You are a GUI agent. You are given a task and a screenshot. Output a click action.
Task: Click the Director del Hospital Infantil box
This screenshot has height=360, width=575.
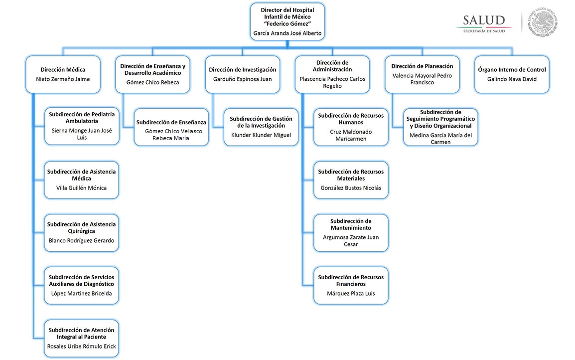coord(287,22)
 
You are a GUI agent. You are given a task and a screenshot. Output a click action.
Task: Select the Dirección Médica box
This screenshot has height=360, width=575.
coord(63,74)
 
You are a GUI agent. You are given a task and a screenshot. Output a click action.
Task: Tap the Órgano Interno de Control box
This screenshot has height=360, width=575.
coord(512,74)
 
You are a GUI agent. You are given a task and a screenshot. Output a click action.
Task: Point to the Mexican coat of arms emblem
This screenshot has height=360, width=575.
coord(544,21)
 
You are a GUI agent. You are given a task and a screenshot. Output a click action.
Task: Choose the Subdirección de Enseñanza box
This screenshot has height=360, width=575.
coord(171,127)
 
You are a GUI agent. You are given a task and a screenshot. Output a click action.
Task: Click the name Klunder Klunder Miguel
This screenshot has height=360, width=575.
coord(261,135)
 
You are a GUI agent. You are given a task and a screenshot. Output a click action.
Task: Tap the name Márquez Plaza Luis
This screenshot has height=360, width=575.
coord(351,294)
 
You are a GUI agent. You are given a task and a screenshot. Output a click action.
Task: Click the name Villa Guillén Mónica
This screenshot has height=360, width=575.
coord(82,188)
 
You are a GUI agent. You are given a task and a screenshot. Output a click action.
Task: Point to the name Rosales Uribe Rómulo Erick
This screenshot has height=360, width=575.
coord(82,347)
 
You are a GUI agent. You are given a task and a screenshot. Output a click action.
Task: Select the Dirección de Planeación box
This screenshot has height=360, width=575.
coord(422,74)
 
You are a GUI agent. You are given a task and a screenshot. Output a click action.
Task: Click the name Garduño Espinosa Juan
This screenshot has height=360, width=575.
coord(243,79)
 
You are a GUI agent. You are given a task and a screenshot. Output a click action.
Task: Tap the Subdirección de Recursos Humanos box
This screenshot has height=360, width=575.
coord(351,127)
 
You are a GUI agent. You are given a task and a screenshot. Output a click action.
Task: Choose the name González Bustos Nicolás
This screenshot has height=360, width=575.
coord(351,188)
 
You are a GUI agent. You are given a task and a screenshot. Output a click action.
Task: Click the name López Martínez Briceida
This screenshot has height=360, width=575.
coord(82,294)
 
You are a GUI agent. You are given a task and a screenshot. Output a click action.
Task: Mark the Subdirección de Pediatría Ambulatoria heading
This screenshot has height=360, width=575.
coord(82,117)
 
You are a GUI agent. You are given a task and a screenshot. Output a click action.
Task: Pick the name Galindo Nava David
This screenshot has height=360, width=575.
coord(512,79)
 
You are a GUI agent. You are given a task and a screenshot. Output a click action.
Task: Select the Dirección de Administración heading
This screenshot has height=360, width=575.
coord(332,66)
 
